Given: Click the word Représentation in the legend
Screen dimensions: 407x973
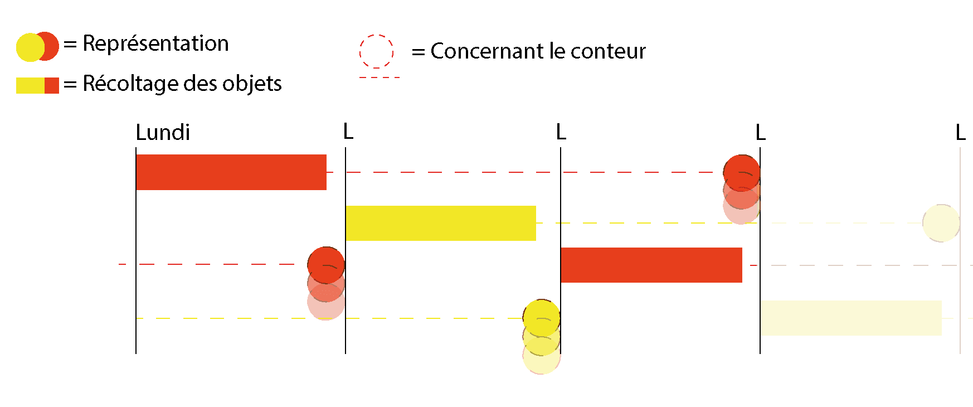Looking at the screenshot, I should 155,43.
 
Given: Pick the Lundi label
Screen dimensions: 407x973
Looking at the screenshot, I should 163,133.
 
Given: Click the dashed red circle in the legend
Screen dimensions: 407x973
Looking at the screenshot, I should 376,52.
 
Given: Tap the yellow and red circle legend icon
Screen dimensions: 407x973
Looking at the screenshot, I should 37,47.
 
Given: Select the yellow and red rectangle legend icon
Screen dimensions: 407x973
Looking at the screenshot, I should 37,85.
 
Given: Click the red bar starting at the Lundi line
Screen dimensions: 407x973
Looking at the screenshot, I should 231,172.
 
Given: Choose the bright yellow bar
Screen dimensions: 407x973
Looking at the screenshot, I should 440,223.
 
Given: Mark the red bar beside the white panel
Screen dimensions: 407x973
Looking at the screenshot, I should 651,265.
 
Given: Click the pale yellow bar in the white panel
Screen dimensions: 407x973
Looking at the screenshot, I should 850,318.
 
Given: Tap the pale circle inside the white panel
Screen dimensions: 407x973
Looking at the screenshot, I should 941,223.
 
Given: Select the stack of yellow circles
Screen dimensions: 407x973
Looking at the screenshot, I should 541,337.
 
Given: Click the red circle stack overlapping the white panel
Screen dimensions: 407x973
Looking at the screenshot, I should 741,190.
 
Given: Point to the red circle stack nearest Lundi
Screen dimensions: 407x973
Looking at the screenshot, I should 326,283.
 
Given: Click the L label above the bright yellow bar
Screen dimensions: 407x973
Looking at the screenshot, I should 348,132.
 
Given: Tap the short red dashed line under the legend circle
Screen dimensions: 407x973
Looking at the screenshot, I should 380,77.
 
